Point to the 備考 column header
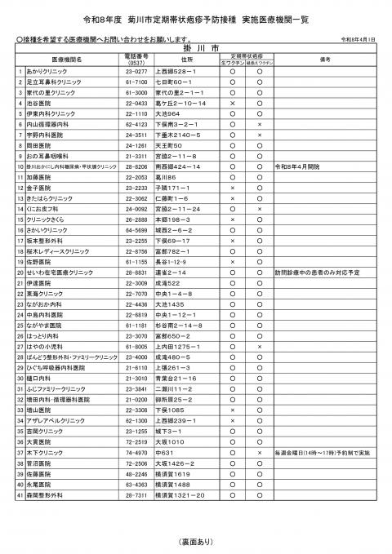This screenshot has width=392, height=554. click(323, 59)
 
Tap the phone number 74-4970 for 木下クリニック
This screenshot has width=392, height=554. click(136, 475)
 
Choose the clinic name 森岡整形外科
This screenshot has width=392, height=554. click(42, 517)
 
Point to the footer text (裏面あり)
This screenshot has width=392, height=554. click(195, 540)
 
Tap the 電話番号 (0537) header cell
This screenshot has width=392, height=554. click(136, 59)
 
